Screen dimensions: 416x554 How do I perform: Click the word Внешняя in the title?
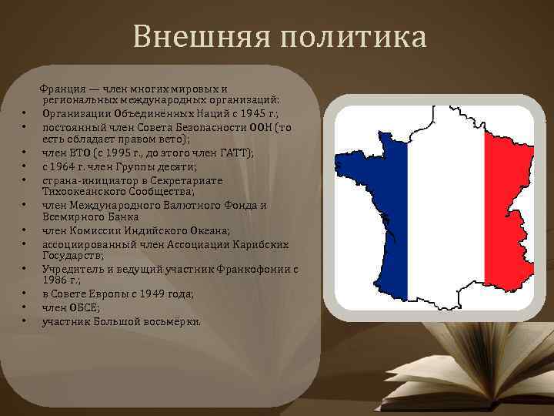click(x=192, y=37)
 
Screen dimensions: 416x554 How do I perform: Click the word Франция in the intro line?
click(x=63, y=89)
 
